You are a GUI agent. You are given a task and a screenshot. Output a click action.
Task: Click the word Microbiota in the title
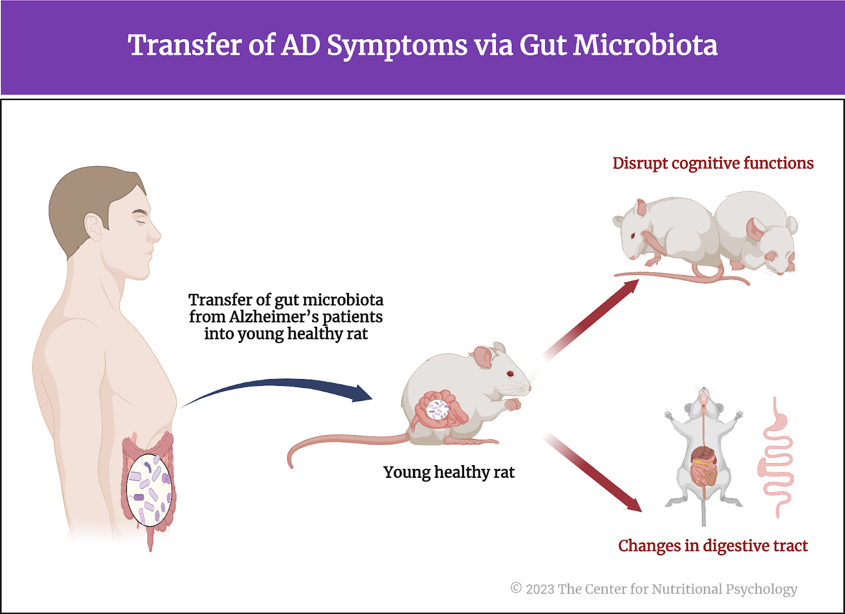coord(645,45)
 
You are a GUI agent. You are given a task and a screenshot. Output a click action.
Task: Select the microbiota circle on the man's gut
coord(149,490)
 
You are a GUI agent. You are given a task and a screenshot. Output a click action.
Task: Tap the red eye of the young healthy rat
coord(510,374)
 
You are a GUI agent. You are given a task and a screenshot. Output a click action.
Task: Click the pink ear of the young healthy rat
coord(483,357)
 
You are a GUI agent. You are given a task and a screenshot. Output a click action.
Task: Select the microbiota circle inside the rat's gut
coord(438,410)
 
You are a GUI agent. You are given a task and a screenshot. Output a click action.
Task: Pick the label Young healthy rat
coord(449,472)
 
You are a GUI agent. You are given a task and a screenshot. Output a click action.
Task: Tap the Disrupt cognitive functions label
coord(712,163)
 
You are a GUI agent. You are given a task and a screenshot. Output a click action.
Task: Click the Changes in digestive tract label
coord(712,545)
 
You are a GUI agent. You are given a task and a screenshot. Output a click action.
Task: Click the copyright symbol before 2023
coord(516,588)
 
